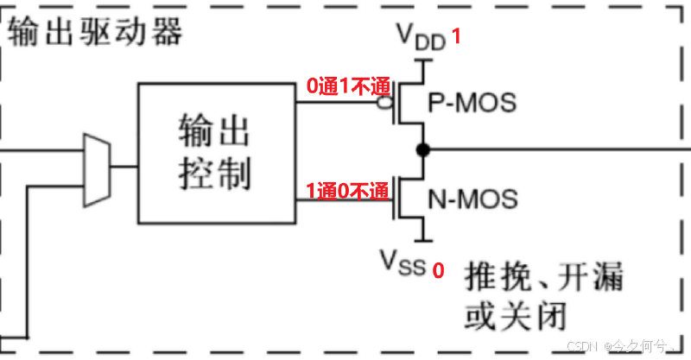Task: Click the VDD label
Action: pyautogui.click(x=421, y=37)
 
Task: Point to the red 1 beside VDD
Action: pyautogui.click(x=458, y=39)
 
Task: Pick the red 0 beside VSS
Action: pyautogui.click(x=438, y=270)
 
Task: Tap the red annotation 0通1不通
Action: pyautogui.click(x=348, y=86)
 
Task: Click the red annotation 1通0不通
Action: pyautogui.click(x=348, y=191)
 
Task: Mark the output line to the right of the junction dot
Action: pyautogui.click(x=553, y=150)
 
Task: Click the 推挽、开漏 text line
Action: pyautogui.click(x=544, y=279)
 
